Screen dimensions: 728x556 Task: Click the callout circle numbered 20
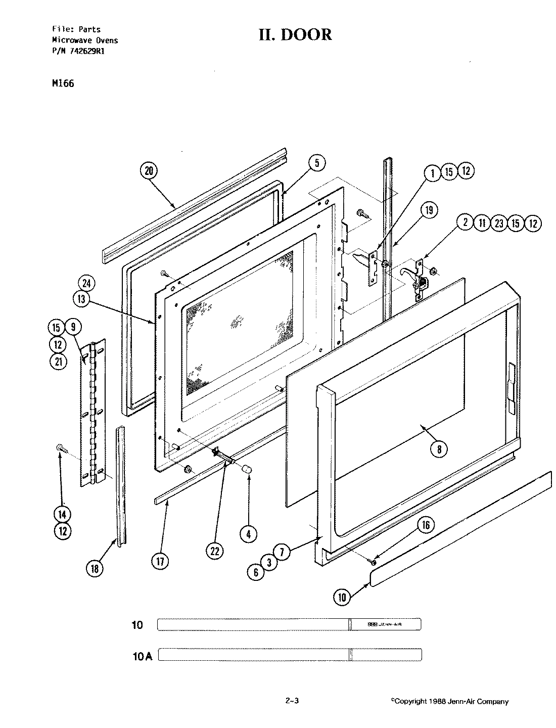tap(148, 171)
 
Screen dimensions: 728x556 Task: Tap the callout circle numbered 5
tap(317, 163)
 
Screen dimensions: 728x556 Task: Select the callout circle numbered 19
tap(429, 210)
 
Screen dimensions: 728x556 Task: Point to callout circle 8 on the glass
tap(439, 448)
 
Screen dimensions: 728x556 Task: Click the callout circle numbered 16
tap(426, 525)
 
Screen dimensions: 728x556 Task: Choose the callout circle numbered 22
tap(215, 552)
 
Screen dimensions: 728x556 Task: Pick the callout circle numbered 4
tap(248, 533)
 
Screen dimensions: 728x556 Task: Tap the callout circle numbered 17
tap(160, 561)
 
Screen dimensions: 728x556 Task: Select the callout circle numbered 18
tap(95, 568)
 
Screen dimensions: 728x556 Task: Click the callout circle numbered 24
tap(86, 284)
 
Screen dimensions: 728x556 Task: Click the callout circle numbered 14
tap(63, 515)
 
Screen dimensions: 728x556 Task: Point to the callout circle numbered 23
tap(499, 223)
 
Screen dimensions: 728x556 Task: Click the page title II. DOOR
tap(295, 35)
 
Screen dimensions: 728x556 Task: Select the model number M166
tap(63, 83)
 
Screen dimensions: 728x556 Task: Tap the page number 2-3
tap(293, 701)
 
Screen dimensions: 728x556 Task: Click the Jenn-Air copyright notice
tap(450, 701)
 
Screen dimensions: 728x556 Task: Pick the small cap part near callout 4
tap(247, 470)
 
